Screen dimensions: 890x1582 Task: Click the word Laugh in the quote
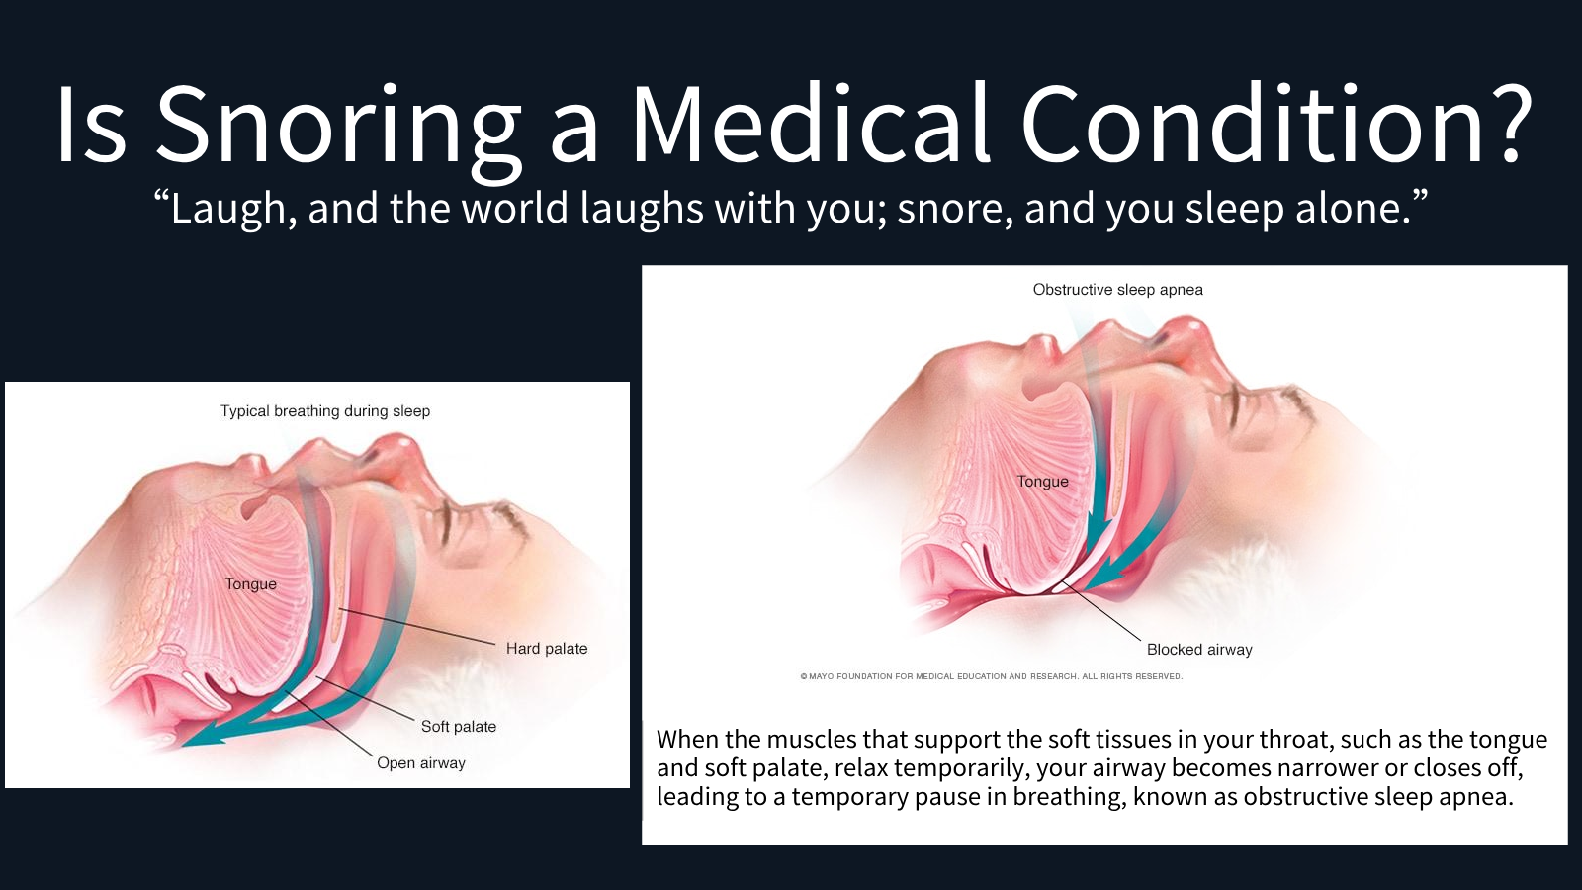pos(225,210)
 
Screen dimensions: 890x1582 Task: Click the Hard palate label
pos(547,649)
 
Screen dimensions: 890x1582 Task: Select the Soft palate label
pos(459,727)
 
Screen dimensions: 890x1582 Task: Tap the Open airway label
pos(421,763)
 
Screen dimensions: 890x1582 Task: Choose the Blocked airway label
pos(1199,650)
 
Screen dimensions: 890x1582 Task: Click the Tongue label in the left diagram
pos(251,584)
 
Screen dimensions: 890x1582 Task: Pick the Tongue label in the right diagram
pos(1043,482)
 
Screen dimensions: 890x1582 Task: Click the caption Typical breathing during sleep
pos(325,411)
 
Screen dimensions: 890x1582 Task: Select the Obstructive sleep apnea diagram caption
pos(1118,290)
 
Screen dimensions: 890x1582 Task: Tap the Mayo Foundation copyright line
pos(992,676)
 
